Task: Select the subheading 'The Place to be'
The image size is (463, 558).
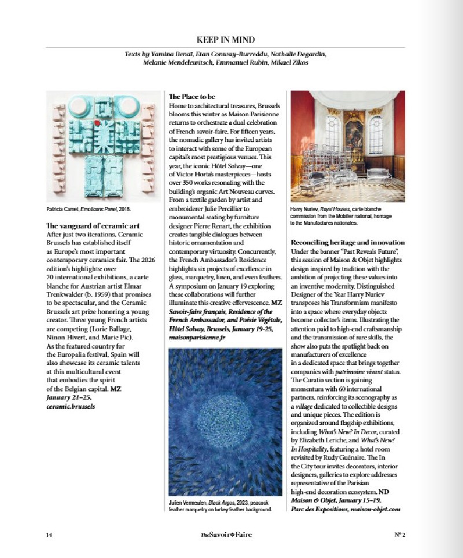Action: pyautogui.click(x=191, y=96)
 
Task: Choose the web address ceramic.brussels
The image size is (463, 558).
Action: pyautogui.click(x=70, y=407)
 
